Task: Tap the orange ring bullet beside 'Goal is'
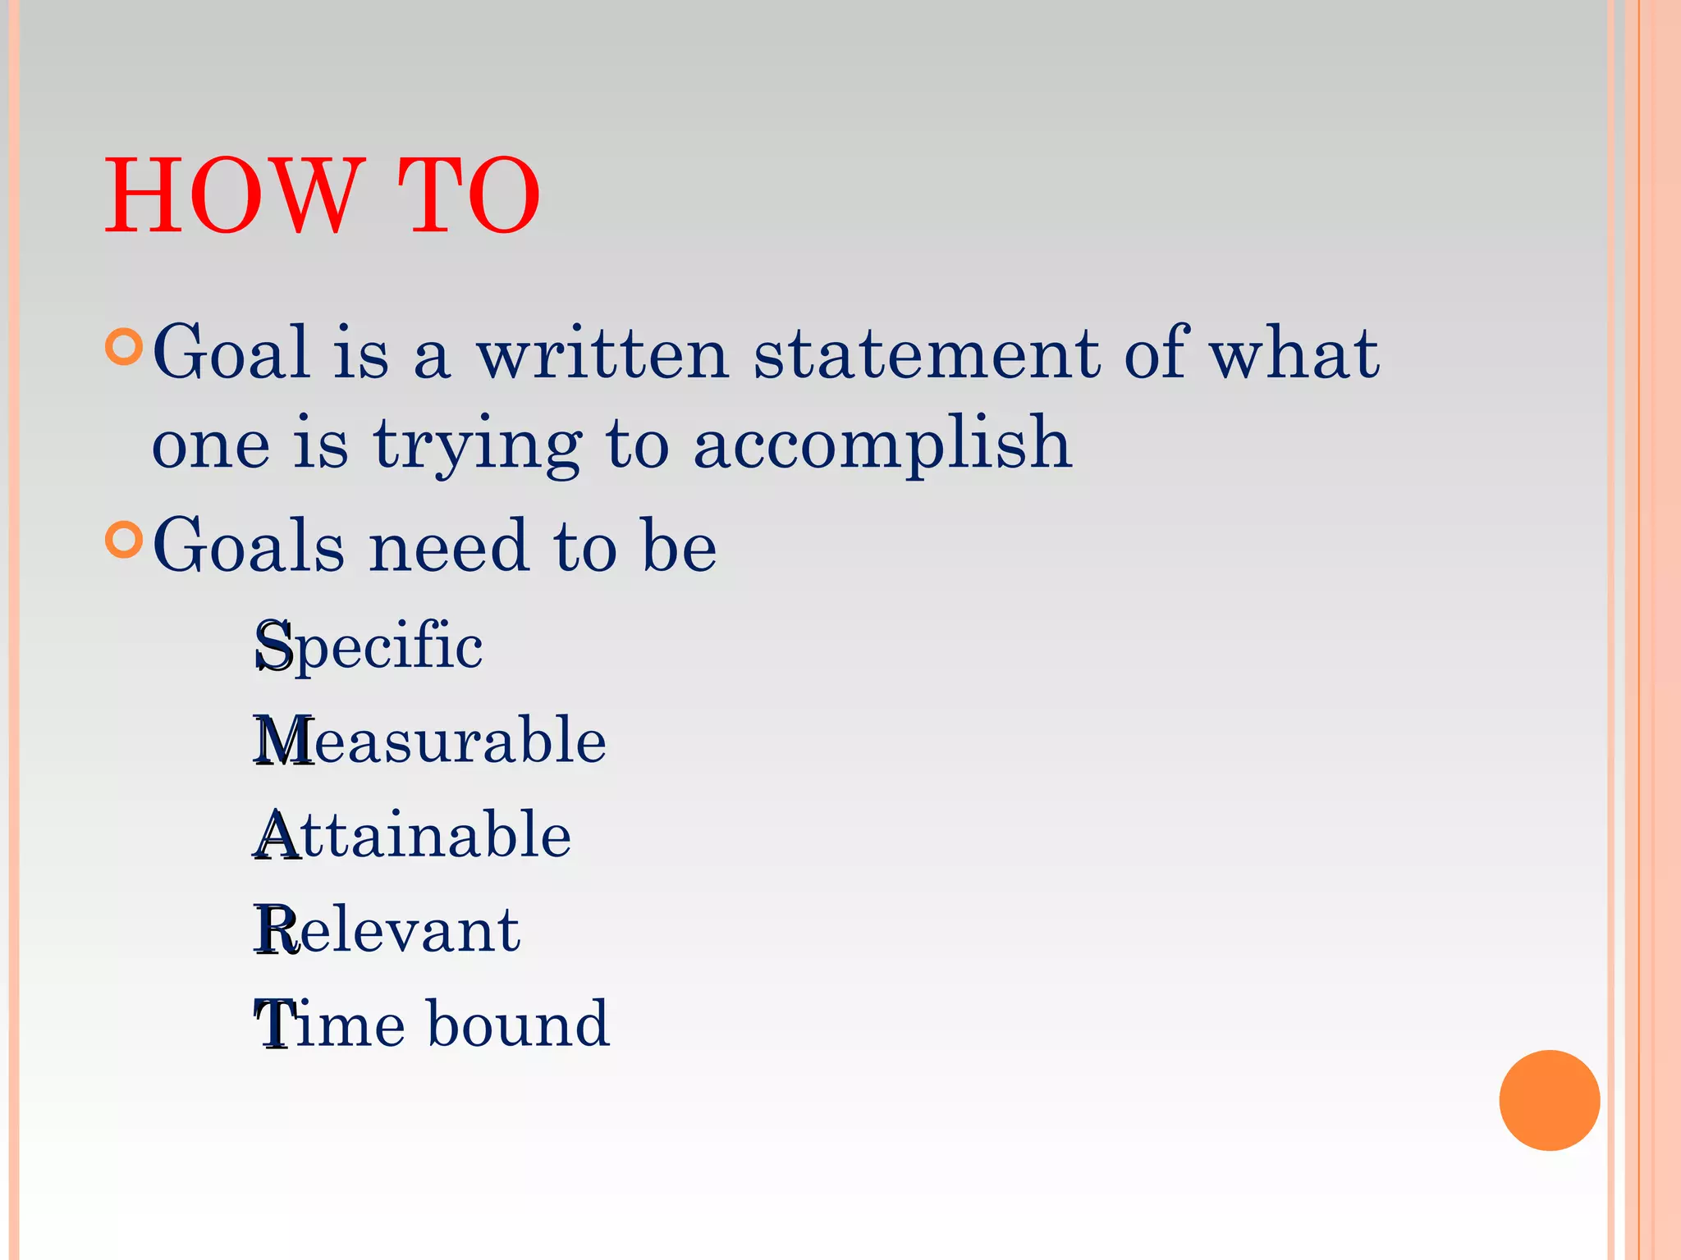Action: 125,347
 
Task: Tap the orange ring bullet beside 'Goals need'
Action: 125,539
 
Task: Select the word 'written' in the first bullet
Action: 603,354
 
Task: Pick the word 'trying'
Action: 478,447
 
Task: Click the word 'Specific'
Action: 369,646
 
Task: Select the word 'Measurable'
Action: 430,740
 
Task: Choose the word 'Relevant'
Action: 387,929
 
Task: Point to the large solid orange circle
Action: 1549,1100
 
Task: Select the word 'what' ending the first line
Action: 1294,354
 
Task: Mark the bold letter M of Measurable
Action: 283,741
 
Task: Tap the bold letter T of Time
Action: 273,1025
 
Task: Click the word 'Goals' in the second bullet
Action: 249,546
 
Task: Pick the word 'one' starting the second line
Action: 211,447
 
